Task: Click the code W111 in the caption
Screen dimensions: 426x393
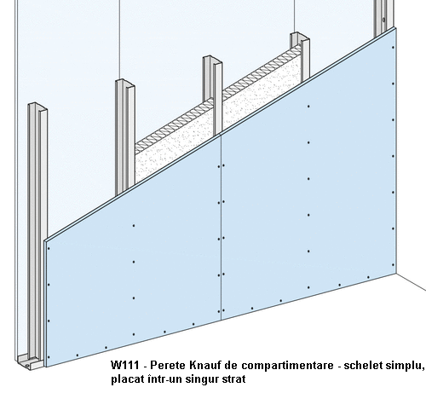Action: point(125,365)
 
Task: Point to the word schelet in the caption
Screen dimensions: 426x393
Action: point(363,365)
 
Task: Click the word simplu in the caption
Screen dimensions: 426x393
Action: point(405,366)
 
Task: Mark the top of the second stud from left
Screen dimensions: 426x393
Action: point(125,83)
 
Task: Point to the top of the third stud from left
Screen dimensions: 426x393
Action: point(212,60)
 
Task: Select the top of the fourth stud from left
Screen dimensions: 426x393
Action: point(300,36)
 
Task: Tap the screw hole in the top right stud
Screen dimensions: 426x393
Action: point(383,20)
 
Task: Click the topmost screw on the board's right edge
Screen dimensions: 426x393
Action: point(393,48)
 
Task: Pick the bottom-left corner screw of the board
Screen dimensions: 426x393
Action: point(49,357)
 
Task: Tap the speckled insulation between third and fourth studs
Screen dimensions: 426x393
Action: point(262,94)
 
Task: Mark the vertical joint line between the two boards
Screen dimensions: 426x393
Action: point(221,228)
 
